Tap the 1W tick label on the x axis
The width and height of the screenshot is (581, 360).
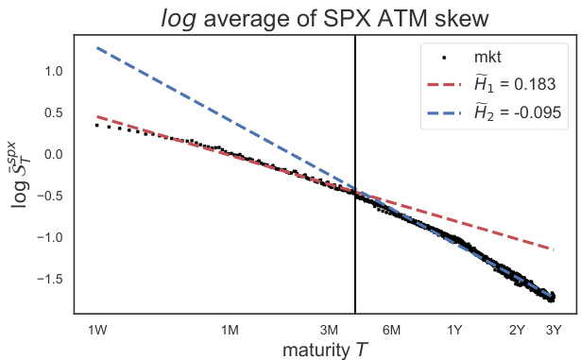pos(96,330)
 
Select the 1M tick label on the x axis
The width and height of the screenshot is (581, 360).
pos(230,330)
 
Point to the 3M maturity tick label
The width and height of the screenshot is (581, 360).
pos(330,330)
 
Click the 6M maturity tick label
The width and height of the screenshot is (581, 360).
pos(392,330)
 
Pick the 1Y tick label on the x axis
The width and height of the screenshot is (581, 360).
pos(454,330)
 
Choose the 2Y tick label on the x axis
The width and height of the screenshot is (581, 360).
pos(517,330)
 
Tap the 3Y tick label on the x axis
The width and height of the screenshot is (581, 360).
pos(554,330)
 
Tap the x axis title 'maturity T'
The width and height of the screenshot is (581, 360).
pos(323,350)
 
